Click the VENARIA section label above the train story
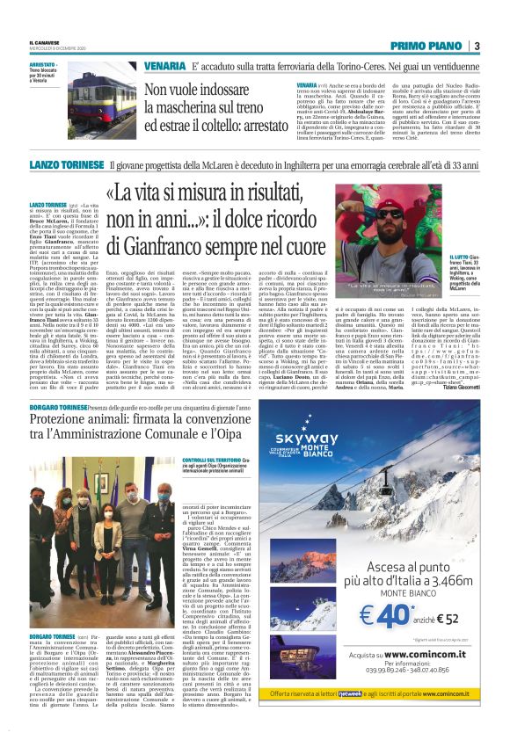click(165, 66)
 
